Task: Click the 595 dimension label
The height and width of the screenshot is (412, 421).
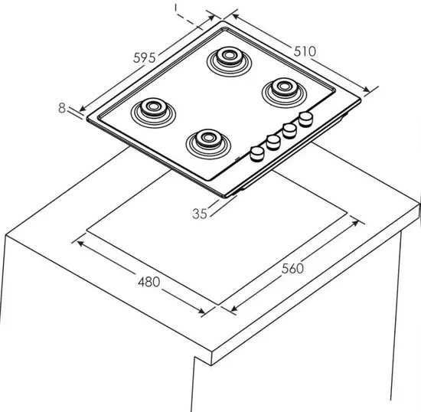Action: [145, 57]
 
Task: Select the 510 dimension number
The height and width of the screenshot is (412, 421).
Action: [305, 51]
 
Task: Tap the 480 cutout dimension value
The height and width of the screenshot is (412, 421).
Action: [149, 282]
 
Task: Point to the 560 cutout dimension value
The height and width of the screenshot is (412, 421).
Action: [292, 268]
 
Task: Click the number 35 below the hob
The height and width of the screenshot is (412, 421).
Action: [200, 214]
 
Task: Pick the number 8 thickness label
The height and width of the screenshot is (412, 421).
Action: [62, 108]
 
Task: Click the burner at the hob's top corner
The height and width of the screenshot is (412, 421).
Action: [229, 61]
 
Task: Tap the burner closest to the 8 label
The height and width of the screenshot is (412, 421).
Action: [153, 113]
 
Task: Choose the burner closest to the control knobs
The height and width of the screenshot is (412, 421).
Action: [208, 144]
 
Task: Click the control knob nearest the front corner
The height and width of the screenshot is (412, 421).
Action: [257, 154]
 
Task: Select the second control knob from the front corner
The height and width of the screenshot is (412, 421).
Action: [273, 142]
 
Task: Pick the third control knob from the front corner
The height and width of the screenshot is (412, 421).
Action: [289, 130]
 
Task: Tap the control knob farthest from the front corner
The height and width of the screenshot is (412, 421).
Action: [306, 119]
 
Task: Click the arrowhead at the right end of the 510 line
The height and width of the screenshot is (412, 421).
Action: [367, 90]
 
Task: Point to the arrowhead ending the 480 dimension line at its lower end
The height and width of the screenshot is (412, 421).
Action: [201, 311]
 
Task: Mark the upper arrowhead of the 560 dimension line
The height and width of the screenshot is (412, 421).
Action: [356, 223]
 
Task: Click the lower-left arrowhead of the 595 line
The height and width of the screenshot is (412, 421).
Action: [83, 108]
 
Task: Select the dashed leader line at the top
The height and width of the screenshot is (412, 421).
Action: [189, 21]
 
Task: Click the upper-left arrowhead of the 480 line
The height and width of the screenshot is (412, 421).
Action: [81, 244]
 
